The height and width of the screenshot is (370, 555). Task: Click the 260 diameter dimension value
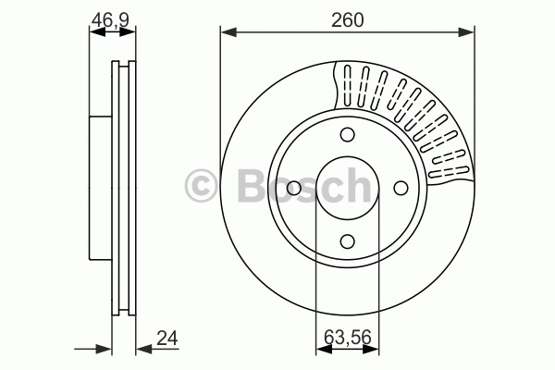click(x=347, y=20)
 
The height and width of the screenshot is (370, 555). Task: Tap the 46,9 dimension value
click(x=110, y=20)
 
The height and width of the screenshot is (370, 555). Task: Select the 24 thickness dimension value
click(x=167, y=339)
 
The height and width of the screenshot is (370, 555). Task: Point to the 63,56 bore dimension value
click(x=348, y=337)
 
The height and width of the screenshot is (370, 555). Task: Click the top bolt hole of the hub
click(x=347, y=134)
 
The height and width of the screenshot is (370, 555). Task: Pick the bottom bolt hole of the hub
click(x=347, y=241)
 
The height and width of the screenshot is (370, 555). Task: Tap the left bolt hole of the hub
click(x=294, y=188)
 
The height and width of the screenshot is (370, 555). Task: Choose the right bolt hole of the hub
click(x=401, y=188)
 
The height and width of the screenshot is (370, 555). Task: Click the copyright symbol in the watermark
click(x=201, y=186)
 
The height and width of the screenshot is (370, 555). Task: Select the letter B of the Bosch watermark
click(x=253, y=186)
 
